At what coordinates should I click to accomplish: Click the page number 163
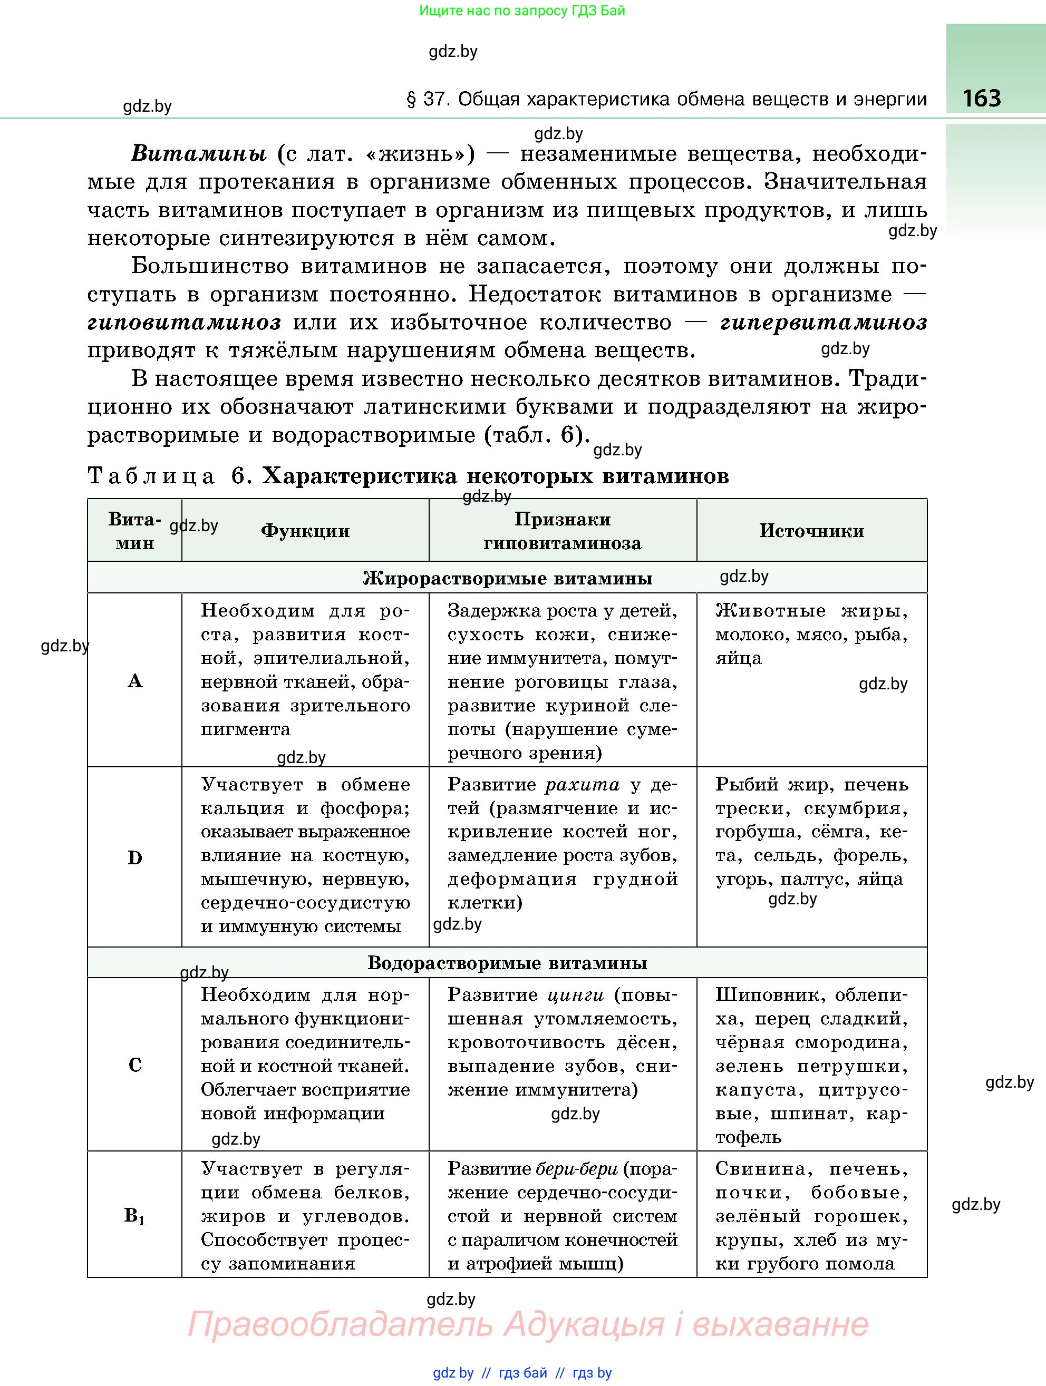click(982, 99)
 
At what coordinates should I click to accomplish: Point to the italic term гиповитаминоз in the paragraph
click(184, 323)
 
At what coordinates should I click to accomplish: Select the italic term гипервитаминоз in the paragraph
click(824, 323)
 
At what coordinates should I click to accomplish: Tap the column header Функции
click(305, 531)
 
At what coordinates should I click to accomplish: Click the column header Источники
click(811, 531)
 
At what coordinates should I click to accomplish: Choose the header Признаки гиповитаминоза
click(562, 531)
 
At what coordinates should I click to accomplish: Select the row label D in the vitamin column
click(135, 858)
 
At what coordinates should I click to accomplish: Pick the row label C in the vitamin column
click(135, 1065)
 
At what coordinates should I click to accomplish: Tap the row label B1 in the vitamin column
click(135, 1216)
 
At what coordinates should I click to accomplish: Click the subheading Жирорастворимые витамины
click(507, 578)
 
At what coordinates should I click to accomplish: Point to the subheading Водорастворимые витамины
click(507, 963)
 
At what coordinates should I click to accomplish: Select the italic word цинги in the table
click(575, 995)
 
